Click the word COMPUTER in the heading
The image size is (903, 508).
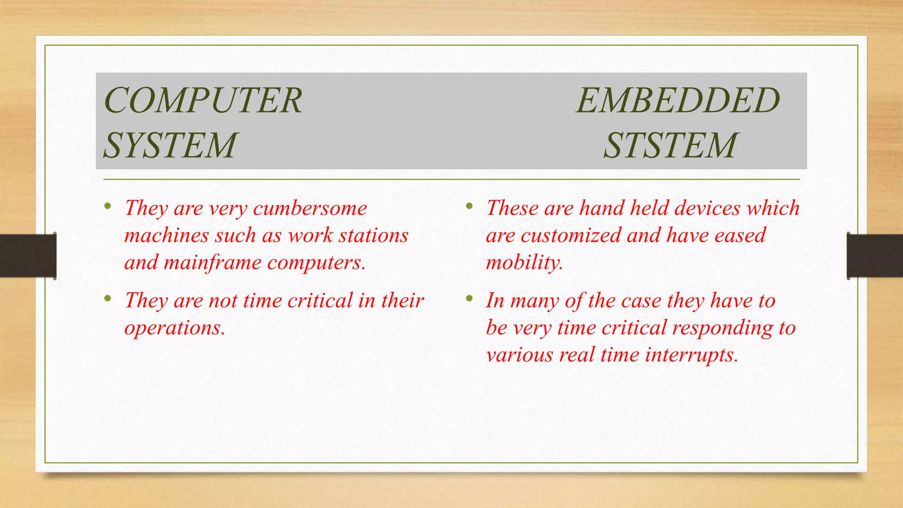[203, 101]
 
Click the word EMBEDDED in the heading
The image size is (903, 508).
[678, 101]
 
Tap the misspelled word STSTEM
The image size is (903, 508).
[670, 146]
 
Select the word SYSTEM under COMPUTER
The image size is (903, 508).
[170, 146]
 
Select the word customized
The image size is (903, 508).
[571, 235]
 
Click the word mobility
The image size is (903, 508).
[524, 263]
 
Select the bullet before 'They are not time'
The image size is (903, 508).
[108, 299]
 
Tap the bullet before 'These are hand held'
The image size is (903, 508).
[469, 206]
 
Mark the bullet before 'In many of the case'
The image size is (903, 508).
[469, 299]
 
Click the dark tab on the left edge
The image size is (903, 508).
[27, 256]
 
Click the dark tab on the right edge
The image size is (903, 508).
[875, 256]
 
